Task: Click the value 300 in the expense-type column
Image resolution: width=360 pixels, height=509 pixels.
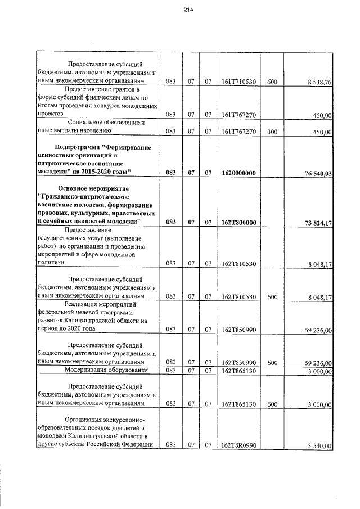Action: (x=272, y=131)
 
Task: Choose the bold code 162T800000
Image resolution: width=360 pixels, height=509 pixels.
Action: (x=239, y=223)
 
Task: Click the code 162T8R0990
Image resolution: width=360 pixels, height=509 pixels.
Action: (x=239, y=445)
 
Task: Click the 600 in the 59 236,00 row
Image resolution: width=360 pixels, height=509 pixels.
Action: (x=272, y=363)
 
